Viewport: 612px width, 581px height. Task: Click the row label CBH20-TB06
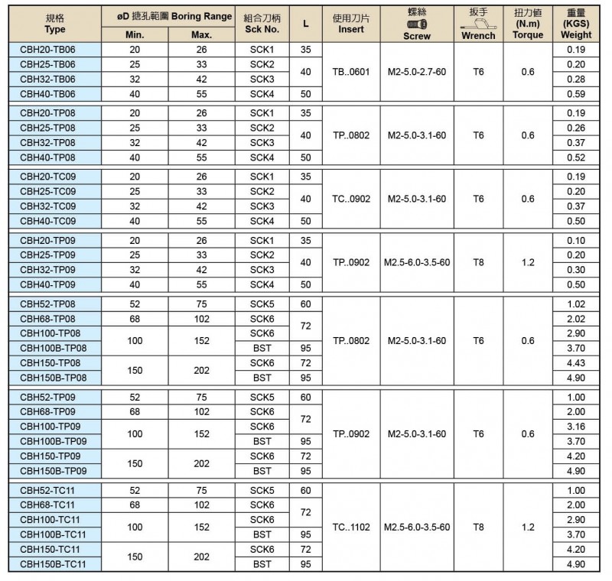pyautogui.click(x=47, y=49)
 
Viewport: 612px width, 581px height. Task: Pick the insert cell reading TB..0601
pyautogui.click(x=351, y=72)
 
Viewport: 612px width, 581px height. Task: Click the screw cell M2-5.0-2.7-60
pyautogui.click(x=417, y=72)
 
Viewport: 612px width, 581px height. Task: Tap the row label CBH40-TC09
pyautogui.click(x=47, y=221)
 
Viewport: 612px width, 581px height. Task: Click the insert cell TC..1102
pyautogui.click(x=351, y=527)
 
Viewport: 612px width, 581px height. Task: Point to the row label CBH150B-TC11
pyautogui.click(x=52, y=565)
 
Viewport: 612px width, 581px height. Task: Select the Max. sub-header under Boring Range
pyautogui.click(x=202, y=36)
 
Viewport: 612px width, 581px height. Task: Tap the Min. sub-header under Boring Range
pyautogui.click(x=135, y=36)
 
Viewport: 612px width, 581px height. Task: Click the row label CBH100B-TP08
pyautogui.click(x=52, y=348)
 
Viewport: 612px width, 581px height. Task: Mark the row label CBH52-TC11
pyautogui.click(x=47, y=490)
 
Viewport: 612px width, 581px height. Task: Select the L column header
pyautogui.click(x=306, y=23)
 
